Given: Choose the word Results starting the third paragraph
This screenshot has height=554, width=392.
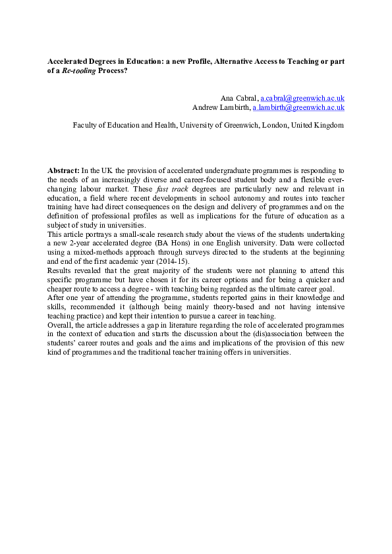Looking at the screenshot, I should [61, 271].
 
